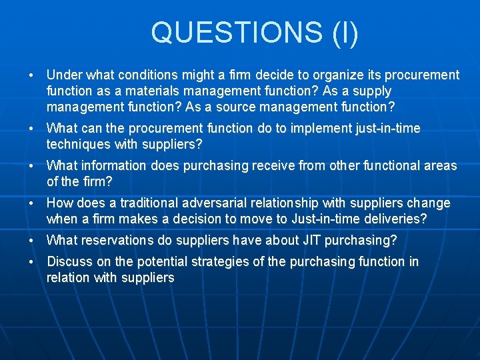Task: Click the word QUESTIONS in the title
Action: [237, 33]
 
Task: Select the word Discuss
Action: [70, 261]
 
